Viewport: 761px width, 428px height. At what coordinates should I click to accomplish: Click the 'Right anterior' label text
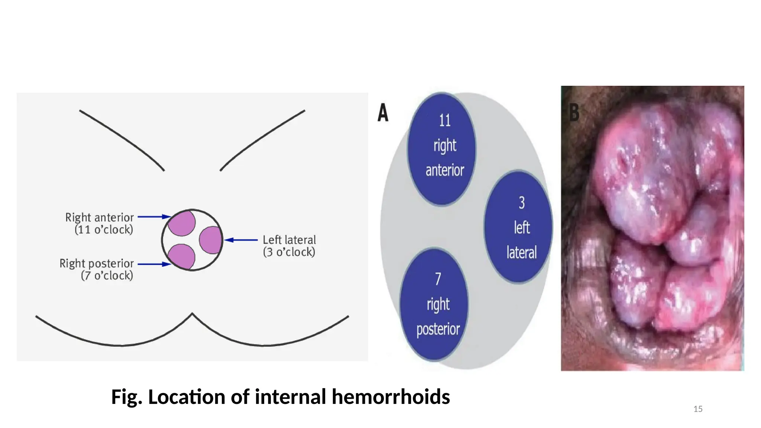(99, 217)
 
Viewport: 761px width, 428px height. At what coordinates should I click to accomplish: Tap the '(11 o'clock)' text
(104, 230)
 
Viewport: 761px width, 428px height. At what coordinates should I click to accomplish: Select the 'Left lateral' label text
(289, 240)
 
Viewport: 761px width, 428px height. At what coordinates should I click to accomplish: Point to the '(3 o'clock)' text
(289, 252)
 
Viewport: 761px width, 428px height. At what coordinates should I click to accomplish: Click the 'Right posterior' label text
(97, 263)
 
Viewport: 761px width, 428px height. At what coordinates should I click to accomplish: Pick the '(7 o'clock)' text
(107, 276)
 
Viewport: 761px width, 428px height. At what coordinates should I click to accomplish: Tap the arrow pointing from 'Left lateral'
(241, 240)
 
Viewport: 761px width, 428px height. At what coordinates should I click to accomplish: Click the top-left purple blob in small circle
(182, 223)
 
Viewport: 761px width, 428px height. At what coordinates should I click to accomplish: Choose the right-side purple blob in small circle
(210, 240)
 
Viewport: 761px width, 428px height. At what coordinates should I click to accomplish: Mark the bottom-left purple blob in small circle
(181, 256)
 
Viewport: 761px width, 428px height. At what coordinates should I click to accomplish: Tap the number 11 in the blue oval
(444, 120)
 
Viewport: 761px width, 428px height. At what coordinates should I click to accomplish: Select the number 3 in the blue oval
(522, 203)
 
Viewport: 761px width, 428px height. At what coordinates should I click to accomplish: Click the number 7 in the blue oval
(438, 279)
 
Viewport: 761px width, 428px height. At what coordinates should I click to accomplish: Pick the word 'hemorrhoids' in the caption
(391, 397)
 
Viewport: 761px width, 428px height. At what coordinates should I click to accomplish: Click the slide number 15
(698, 409)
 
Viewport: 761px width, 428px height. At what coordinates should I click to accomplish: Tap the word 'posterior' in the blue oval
(438, 330)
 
